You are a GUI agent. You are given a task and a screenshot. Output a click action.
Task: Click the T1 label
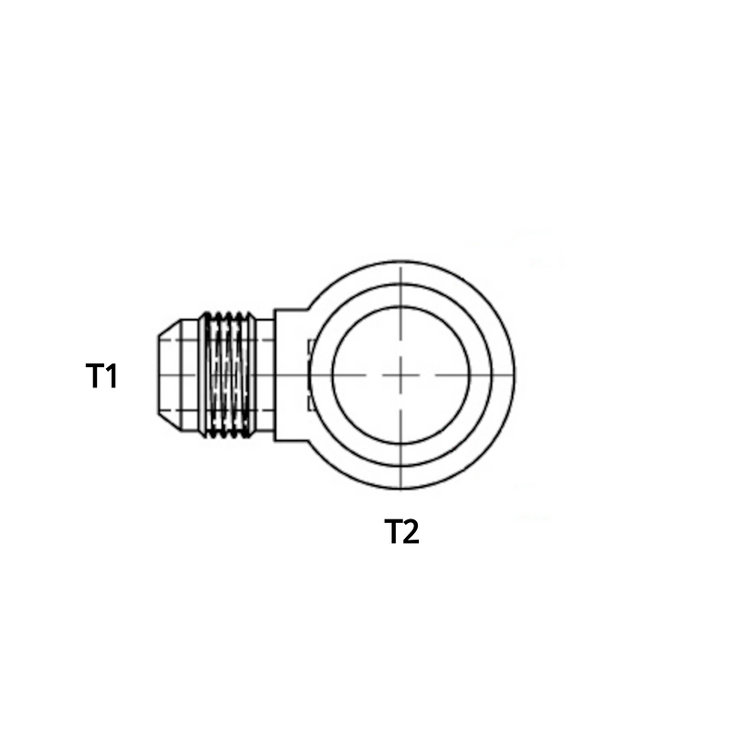101,375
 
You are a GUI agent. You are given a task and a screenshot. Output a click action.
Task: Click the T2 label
401,532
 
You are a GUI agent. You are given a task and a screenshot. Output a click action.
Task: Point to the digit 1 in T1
111,375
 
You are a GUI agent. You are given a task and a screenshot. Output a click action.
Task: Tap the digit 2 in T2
411,532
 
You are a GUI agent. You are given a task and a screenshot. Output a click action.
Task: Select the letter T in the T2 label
392,532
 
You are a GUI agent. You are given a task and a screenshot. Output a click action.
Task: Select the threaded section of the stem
227,375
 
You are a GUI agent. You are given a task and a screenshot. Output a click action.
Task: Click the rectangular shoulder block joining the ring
290,375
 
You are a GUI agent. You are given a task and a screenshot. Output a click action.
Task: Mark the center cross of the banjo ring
401,375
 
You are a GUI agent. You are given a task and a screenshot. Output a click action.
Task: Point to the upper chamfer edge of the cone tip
168,327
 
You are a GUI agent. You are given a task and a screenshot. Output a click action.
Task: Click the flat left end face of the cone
155,375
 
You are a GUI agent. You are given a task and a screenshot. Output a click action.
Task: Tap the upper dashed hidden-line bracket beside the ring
310,348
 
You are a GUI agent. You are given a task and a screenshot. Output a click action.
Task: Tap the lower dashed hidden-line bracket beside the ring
310,401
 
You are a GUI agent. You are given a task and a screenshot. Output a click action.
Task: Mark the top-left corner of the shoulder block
275,309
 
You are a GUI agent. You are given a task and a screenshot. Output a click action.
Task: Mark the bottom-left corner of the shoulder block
275,441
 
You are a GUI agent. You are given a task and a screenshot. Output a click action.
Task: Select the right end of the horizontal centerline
513,375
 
